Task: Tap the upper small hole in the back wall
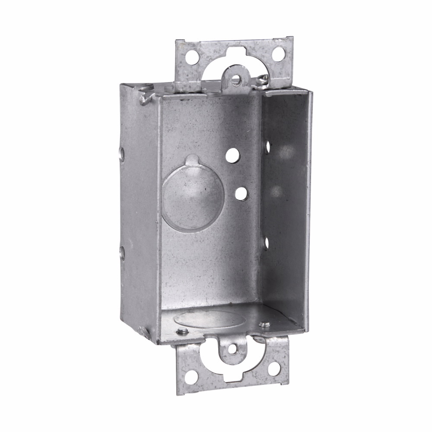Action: [233, 156]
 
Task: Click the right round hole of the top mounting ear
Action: [279, 54]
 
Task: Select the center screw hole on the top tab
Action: [236, 79]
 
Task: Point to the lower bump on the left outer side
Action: [122, 252]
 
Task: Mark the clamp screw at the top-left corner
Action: [145, 98]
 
